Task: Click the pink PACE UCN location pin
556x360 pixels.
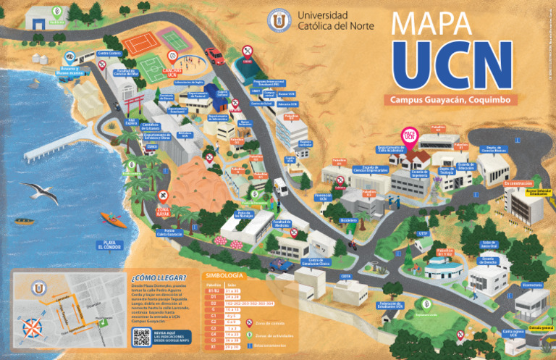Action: [409, 136]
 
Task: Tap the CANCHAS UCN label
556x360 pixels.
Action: [172, 72]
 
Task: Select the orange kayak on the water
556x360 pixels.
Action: [113, 218]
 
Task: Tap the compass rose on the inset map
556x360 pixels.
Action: [33, 327]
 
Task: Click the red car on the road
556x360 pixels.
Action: [214, 54]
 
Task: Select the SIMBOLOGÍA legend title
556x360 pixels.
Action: [224, 275]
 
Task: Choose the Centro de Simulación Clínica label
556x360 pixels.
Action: [319, 261]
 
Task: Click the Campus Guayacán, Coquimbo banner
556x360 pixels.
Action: [439, 99]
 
